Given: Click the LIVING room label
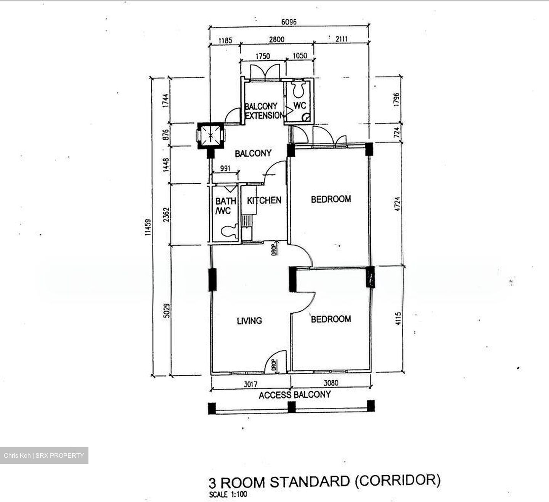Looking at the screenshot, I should [x=249, y=321].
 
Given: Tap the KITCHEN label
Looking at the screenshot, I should [x=264, y=200].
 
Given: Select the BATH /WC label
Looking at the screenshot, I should [x=225, y=206].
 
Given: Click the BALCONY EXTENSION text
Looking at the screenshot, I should [x=263, y=111].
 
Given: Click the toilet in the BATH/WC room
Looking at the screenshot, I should [x=229, y=231].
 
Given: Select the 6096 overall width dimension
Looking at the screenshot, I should [x=289, y=22].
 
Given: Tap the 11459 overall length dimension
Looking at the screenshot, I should [x=148, y=227].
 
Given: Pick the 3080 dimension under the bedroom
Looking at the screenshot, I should [x=330, y=383].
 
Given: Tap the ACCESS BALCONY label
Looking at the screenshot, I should [x=294, y=395].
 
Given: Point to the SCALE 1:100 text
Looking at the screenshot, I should [x=228, y=495].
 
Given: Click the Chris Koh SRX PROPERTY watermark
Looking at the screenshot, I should [x=44, y=455].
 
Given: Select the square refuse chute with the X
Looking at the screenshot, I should [x=210, y=135].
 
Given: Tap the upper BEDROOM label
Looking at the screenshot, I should [x=331, y=199].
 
